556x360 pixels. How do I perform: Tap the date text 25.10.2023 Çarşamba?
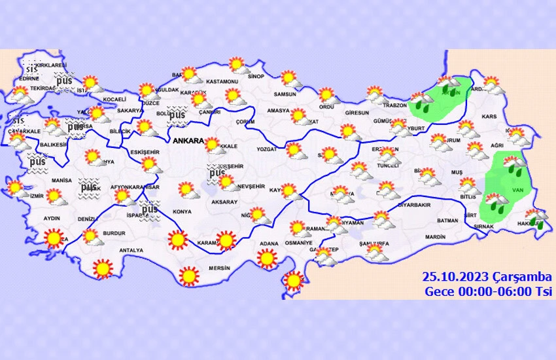click(x=487, y=277)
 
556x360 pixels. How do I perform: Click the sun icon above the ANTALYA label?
click(x=103, y=268)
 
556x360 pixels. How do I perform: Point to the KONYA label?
click(x=182, y=212)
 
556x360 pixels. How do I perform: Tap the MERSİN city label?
click(x=219, y=267)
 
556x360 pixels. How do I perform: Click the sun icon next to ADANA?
click(x=266, y=259)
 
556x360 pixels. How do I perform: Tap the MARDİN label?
click(x=434, y=237)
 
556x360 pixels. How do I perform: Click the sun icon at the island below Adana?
click(x=294, y=281)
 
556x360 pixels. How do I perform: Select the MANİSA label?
click(x=61, y=179)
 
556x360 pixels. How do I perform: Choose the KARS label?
click(x=489, y=117)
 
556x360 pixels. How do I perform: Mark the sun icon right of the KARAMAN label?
click(x=226, y=241)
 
